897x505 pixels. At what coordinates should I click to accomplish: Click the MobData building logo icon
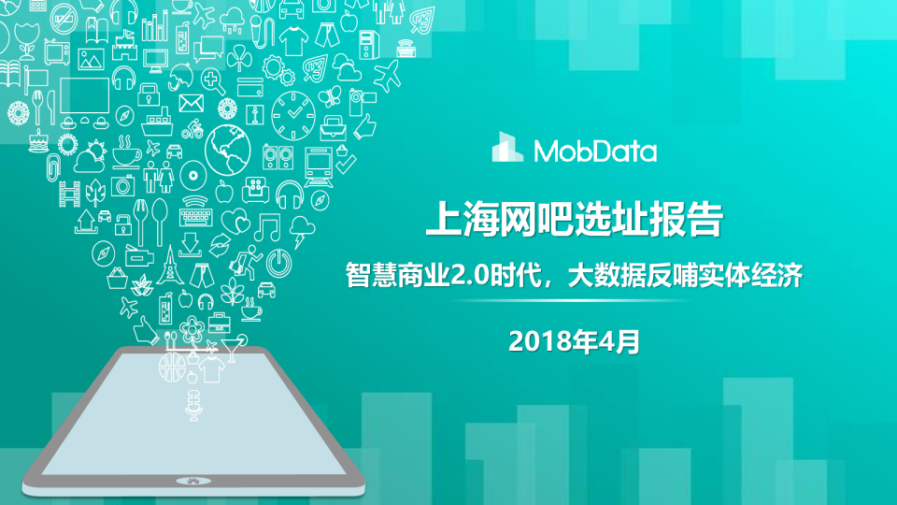point(508,149)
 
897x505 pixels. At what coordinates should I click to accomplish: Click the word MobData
point(595,151)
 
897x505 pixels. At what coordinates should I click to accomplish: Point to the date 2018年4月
point(575,341)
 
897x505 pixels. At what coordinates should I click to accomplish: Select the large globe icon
point(228,146)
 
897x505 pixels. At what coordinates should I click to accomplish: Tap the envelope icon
point(192,102)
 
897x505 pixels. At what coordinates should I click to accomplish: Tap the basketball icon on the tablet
point(171,365)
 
